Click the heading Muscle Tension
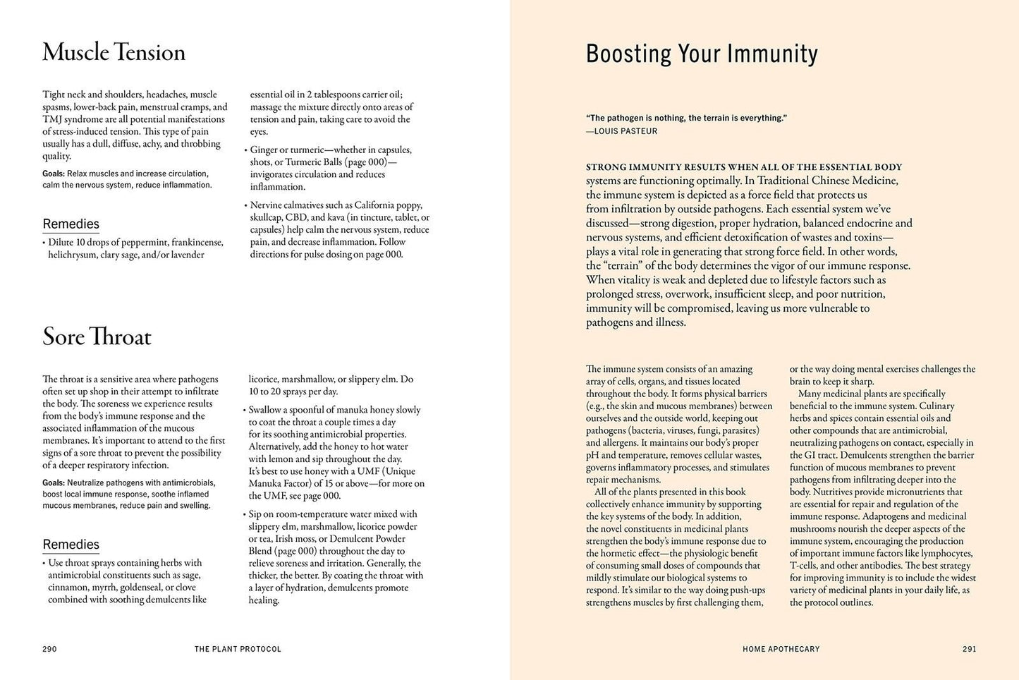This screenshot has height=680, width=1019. tap(114, 53)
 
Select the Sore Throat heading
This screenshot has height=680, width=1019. tap(97, 336)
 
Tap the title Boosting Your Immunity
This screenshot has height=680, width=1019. tap(702, 54)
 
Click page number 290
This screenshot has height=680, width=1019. tap(49, 649)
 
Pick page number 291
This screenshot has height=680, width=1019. tap(969, 649)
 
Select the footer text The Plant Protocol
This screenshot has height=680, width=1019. tap(238, 649)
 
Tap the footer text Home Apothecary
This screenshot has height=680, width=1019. tap(781, 649)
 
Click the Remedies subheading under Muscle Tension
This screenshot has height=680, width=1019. tap(71, 224)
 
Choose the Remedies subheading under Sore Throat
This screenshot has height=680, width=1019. tap(71, 545)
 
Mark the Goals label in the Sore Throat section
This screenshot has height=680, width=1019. tap(54, 483)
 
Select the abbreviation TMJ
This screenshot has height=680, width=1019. tap(53, 119)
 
